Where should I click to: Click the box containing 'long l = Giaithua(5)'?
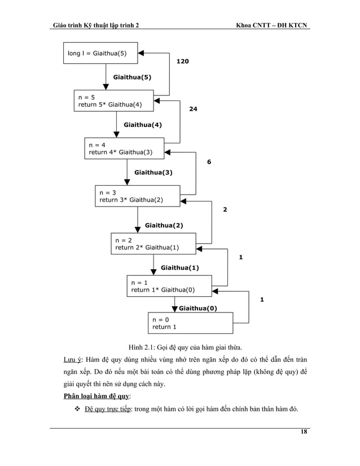click(x=99, y=53)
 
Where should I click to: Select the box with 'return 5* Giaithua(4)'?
click(x=113, y=100)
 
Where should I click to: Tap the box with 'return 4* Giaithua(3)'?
click(x=124, y=148)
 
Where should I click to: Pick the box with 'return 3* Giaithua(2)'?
click(x=137, y=196)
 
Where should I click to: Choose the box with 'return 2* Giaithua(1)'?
click(x=153, y=243)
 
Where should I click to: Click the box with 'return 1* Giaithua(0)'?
click(x=169, y=286)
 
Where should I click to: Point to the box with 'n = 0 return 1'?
click(x=190, y=323)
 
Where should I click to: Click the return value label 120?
click(x=182, y=60)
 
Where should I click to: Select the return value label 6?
click(x=209, y=162)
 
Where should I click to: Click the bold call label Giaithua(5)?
click(x=132, y=77)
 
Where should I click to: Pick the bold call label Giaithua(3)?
click(x=153, y=173)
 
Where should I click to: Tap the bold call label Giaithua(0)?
click(x=197, y=308)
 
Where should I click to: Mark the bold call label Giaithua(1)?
click(x=179, y=268)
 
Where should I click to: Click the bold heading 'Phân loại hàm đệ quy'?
click(x=96, y=396)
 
